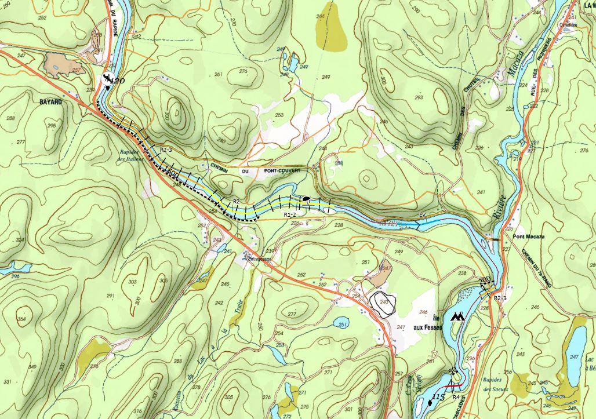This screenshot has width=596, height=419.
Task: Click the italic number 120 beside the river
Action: click(118, 81)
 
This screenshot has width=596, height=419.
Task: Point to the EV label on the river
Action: click(422, 216)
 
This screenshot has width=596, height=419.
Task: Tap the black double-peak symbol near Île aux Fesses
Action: click(460, 317)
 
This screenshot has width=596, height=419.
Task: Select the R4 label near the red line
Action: click(456, 398)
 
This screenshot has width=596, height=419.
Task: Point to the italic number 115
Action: click(438, 398)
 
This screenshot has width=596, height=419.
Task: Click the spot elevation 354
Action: click(22, 319)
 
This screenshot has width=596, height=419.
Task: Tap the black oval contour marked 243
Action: click(383, 303)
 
